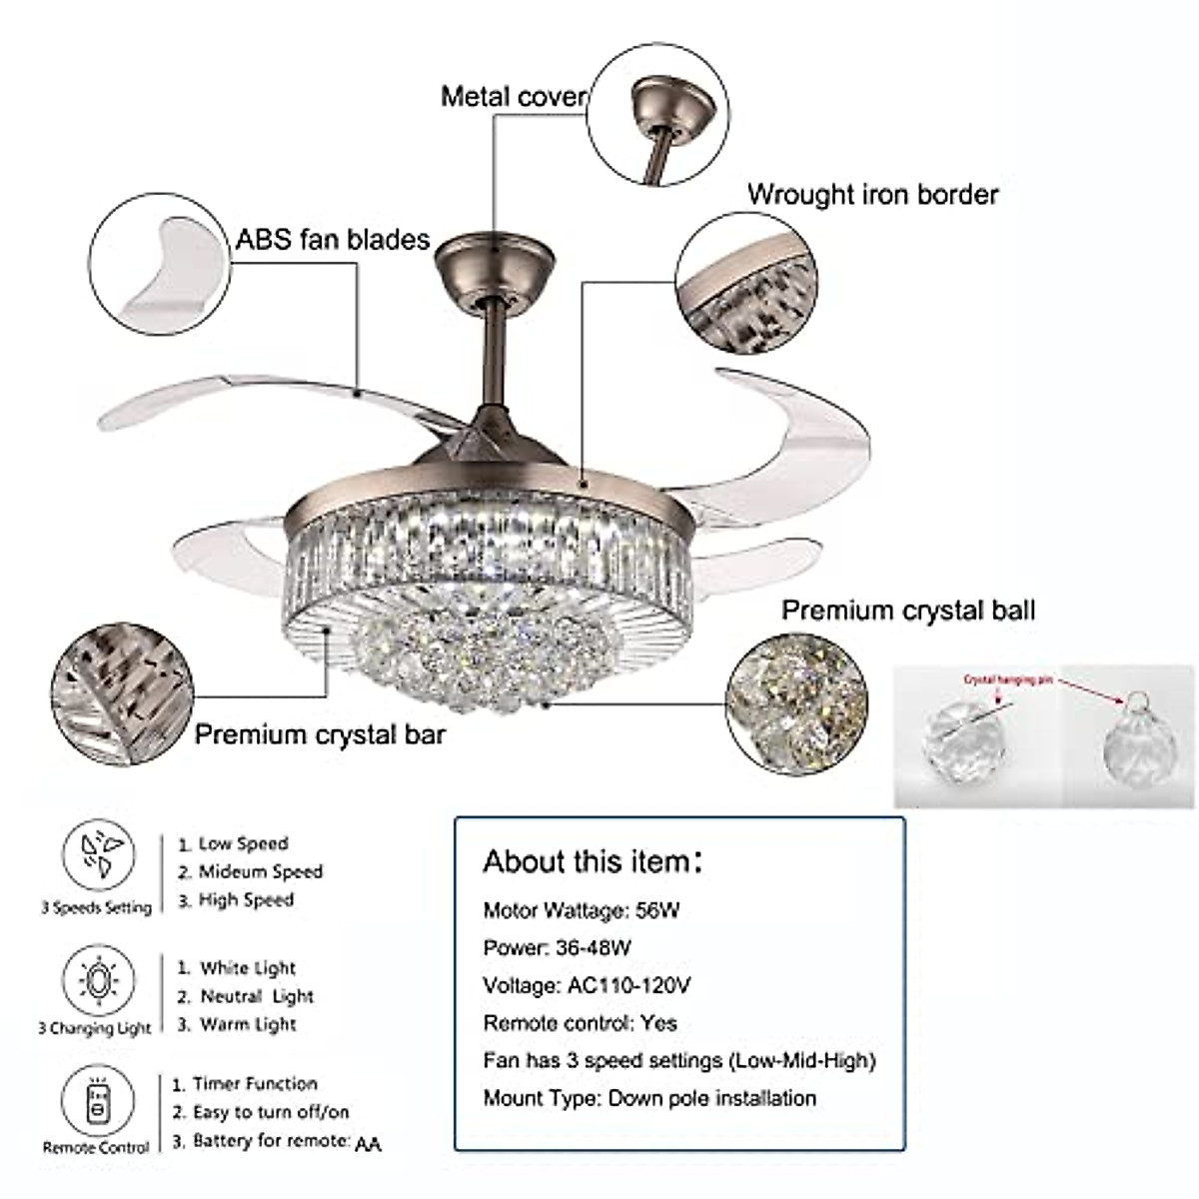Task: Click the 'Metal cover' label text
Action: tap(514, 96)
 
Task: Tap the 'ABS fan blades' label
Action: tap(333, 239)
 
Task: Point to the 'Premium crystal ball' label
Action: tap(907, 609)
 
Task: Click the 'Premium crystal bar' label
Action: tap(320, 734)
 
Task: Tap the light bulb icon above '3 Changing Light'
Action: tap(98, 979)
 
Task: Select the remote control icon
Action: tap(97, 1100)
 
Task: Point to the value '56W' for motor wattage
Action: tap(657, 910)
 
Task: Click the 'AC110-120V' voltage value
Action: tap(629, 985)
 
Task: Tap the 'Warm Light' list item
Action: tap(247, 1024)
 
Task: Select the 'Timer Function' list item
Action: tap(254, 1083)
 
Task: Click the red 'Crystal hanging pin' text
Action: tap(1008, 679)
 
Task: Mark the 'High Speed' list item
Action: tap(245, 899)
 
